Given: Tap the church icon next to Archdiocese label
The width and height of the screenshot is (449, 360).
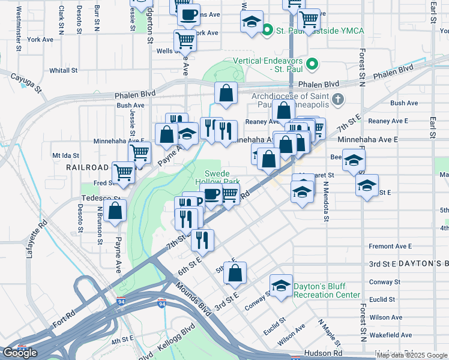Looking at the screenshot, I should coord(338,99).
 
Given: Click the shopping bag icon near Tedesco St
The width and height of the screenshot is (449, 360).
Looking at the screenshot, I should coord(115,210).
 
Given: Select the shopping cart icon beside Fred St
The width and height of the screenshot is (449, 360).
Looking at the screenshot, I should coord(123,172).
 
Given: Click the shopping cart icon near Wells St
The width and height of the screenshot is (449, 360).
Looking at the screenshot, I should coord(185,40).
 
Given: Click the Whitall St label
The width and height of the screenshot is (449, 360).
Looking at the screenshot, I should coord(64,70).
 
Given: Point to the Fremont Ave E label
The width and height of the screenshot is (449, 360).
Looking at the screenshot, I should coord(390,246).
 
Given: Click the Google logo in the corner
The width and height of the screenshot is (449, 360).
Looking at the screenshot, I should coord(20,353).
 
